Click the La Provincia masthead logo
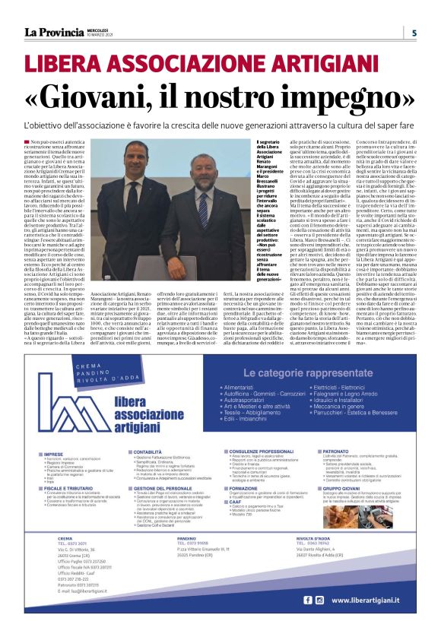(x=54, y=33)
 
